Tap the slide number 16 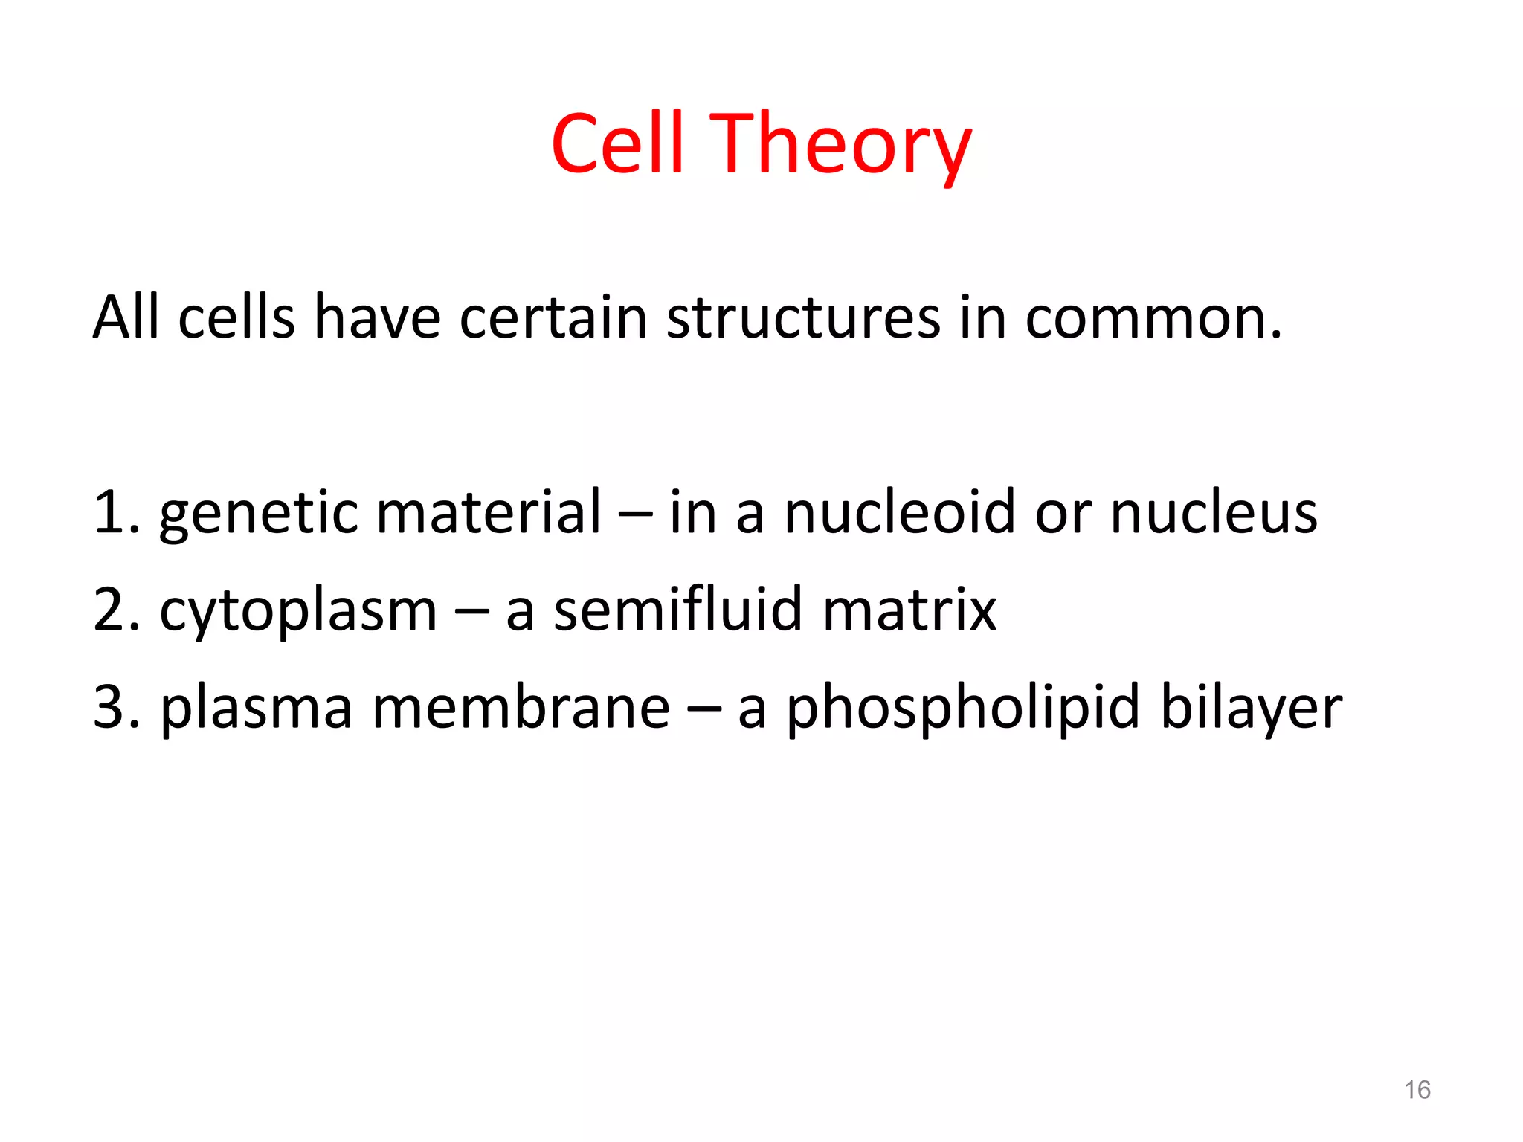click(x=1417, y=1090)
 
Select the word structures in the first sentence click(x=802, y=318)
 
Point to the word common click(x=1153, y=318)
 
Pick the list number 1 click(x=110, y=513)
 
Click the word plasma click(x=255, y=709)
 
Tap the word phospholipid click(x=962, y=709)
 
